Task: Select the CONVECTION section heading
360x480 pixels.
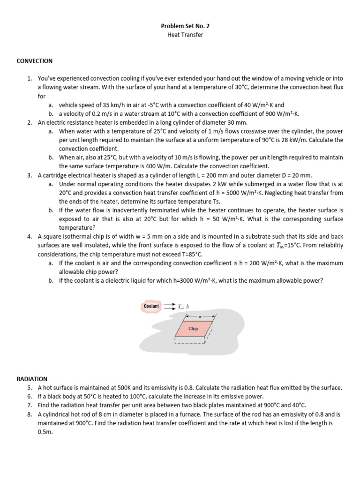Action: coord(35,61)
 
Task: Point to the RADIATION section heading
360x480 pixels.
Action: coord(32,379)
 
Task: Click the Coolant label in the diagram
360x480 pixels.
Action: coord(151,307)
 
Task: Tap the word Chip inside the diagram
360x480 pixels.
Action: coord(193,329)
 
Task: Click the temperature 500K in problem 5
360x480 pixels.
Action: coord(121,388)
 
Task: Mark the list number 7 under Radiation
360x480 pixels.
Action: coord(30,405)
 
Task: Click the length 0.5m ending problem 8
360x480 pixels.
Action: coord(45,432)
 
